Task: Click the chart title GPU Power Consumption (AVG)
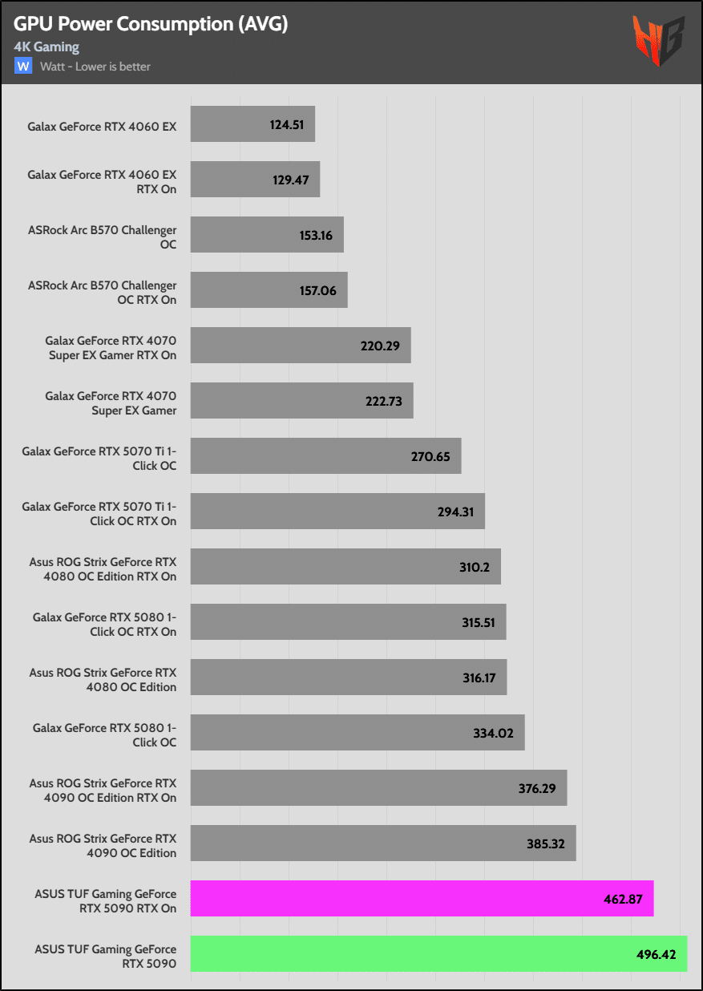tap(151, 24)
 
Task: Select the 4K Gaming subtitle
tap(46, 47)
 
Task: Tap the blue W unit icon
tap(23, 66)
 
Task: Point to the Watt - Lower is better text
tap(95, 67)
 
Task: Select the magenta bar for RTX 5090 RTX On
tap(422, 898)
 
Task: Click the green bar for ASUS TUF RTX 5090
tap(438, 953)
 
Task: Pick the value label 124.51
tap(288, 125)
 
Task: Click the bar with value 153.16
tap(267, 235)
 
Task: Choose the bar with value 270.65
tap(325, 455)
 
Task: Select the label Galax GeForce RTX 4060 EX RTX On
tap(102, 182)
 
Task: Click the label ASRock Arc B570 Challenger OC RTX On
tap(102, 293)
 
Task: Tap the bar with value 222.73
tap(301, 400)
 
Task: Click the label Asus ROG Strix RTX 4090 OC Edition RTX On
tap(103, 791)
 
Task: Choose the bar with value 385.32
tap(383, 843)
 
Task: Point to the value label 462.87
tap(623, 899)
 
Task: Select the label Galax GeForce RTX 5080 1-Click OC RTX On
tap(104, 625)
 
